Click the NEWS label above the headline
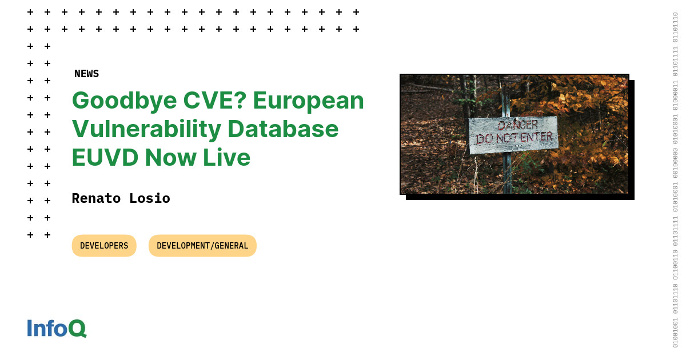[86, 74]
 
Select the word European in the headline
[308, 101]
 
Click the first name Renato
[96, 198]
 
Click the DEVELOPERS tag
[104, 246]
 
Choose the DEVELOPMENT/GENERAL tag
[202, 246]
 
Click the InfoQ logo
[57, 329]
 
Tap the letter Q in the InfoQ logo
[77, 329]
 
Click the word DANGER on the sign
[517, 125]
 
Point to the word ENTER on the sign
[538, 137]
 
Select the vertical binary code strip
[675, 180]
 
